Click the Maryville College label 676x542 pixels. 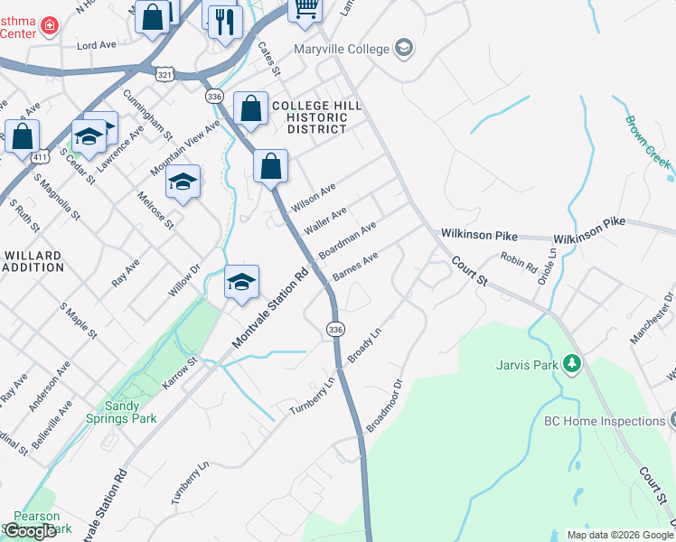(342, 49)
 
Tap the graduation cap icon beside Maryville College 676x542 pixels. (404, 48)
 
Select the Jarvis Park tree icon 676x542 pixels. (571, 364)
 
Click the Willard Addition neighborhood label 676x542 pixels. (33, 261)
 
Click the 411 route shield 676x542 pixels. (39, 157)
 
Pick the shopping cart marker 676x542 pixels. (305, 8)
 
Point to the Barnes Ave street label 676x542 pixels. (355, 266)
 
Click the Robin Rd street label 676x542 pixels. (519, 265)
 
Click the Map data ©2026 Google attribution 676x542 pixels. (620, 535)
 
